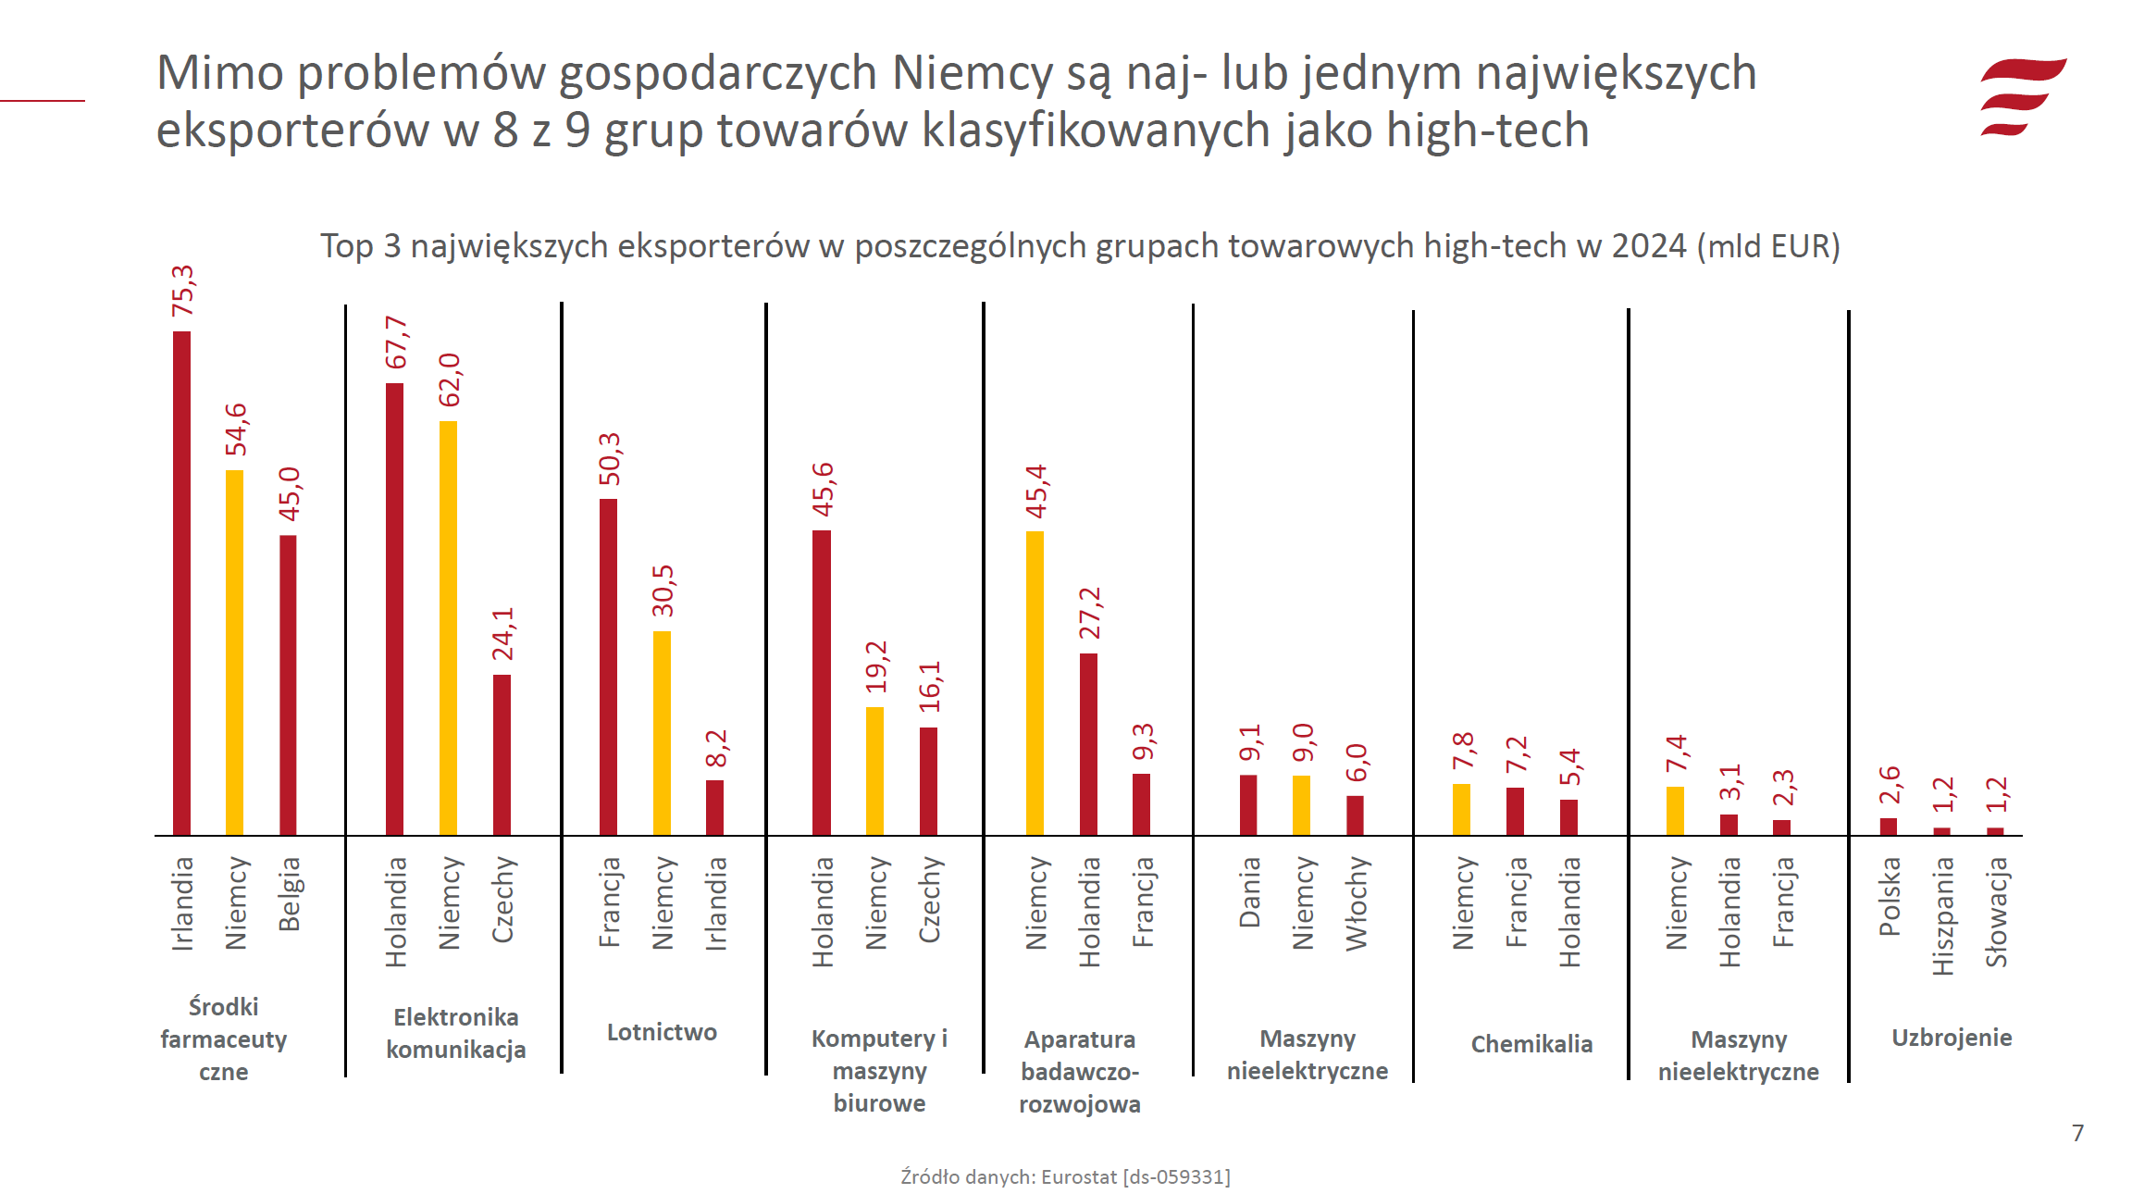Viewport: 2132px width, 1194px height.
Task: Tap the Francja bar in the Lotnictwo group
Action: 608,666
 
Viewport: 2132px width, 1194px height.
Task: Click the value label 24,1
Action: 502,634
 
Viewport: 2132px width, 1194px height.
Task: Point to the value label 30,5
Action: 663,591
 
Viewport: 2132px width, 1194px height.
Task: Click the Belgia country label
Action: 289,893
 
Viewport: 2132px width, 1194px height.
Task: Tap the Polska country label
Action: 1889,896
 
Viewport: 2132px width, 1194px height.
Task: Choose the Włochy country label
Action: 1356,902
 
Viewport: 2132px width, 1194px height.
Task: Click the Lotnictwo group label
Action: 662,1032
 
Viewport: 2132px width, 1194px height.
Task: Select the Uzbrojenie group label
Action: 1951,1038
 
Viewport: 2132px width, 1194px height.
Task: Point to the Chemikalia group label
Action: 1531,1044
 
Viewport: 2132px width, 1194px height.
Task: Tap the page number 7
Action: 2077,1133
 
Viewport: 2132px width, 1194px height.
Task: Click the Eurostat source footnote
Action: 1065,1176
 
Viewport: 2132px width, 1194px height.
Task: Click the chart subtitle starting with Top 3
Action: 1080,246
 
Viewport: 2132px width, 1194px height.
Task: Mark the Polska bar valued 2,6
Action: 1889,827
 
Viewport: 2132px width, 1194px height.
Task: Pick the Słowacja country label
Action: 1996,912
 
